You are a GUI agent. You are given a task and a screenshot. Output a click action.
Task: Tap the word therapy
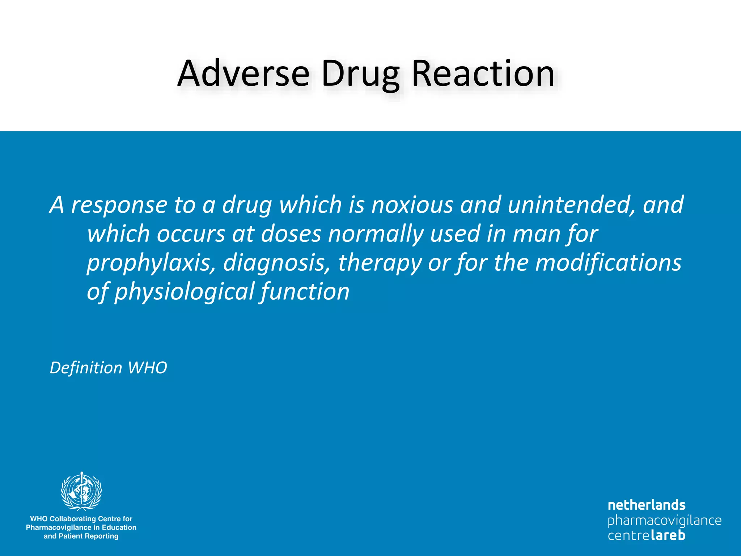pos(380,263)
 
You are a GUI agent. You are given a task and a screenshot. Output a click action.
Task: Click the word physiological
pos(184,292)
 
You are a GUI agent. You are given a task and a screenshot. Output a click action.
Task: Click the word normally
pos(376,235)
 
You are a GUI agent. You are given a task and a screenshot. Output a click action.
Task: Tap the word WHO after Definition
pos(147,368)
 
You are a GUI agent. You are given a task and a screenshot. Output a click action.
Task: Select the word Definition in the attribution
pos(86,368)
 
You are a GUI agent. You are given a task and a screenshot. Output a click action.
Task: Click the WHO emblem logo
pos(81,491)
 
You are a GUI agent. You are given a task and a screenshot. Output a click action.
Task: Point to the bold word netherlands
pos(647,505)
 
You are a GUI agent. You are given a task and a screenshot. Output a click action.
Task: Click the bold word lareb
pos(668,535)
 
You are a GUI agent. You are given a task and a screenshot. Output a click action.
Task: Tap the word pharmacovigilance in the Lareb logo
pos(664,521)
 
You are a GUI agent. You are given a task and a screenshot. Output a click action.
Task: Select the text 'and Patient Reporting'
pos(81,536)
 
